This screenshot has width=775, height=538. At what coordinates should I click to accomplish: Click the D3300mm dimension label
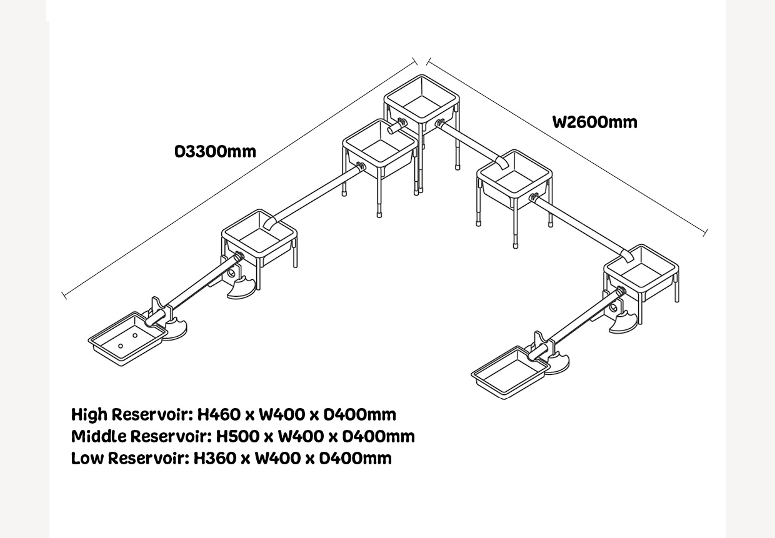215,152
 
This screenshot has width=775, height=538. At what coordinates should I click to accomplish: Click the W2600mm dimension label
595,122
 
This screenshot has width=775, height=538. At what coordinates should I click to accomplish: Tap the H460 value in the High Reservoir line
219,414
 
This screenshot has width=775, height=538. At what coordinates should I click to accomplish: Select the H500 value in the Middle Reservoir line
237,436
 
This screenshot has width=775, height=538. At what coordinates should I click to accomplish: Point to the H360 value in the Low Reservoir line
215,458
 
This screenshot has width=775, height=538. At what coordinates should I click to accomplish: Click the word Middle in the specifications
99,436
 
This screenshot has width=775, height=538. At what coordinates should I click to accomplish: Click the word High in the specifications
89,414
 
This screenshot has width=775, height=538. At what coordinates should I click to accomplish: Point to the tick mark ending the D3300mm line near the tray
64,296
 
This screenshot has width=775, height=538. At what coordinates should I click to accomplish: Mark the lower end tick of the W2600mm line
706,233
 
